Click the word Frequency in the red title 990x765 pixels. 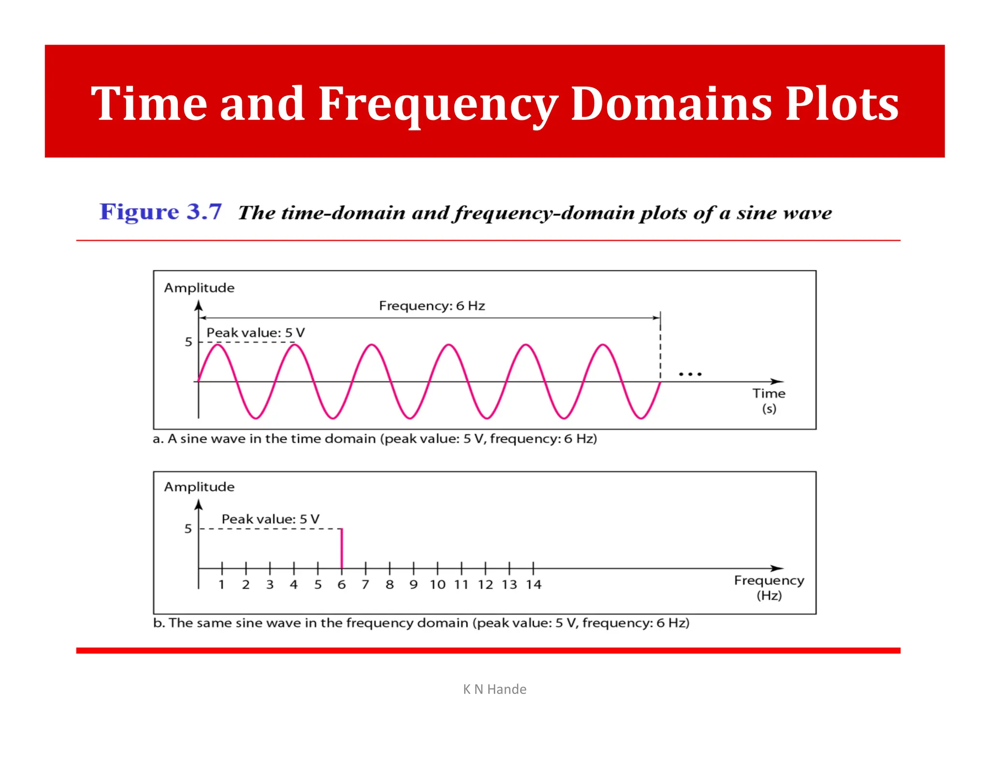coord(437,104)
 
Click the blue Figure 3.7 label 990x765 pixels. coord(160,212)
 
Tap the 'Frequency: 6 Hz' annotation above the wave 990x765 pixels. coord(432,306)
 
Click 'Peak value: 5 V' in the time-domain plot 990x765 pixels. coord(255,333)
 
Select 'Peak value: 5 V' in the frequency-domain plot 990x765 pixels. coord(270,519)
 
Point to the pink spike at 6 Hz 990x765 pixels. coord(342,548)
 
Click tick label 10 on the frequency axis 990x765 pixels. coord(437,585)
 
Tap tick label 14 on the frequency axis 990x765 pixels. coord(534,585)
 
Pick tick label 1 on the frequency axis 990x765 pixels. coord(221,585)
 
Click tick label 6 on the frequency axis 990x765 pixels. coord(342,585)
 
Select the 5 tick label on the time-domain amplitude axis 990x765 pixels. coord(189,342)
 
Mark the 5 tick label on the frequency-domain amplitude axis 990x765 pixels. coord(188,529)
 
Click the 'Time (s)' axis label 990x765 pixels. coord(769,400)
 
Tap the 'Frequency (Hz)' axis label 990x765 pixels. coord(769,587)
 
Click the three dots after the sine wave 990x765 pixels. coord(690,374)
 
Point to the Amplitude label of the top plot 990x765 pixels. coord(199,288)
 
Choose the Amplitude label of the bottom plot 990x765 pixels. coord(199,487)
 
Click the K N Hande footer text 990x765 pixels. coord(495,689)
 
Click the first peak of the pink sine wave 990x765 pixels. coord(218,344)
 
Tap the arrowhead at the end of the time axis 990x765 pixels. coord(778,382)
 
